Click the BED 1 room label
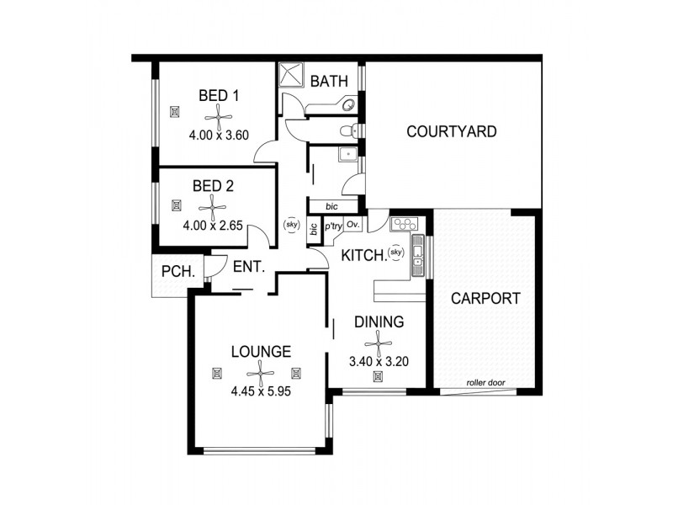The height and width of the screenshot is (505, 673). [x=219, y=96]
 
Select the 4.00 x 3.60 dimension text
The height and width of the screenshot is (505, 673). [x=219, y=135]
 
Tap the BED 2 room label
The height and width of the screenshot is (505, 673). [x=213, y=186]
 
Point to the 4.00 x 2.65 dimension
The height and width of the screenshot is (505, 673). [x=213, y=226]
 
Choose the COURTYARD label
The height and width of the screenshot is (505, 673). [x=451, y=132]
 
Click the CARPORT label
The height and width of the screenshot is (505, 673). [x=485, y=298]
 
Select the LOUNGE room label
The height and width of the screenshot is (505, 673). [x=261, y=352]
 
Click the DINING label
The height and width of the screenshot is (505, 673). [x=379, y=322]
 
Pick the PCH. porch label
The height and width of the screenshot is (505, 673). [x=178, y=271]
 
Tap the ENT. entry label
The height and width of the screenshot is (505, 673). [x=249, y=268]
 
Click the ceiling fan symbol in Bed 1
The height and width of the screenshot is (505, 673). [x=219, y=115]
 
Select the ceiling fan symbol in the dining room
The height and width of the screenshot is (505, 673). [x=379, y=342]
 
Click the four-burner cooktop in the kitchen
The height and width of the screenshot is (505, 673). [x=405, y=225]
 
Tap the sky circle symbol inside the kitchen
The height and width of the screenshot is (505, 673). [x=396, y=252]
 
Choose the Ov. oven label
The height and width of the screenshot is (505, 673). [x=352, y=226]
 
